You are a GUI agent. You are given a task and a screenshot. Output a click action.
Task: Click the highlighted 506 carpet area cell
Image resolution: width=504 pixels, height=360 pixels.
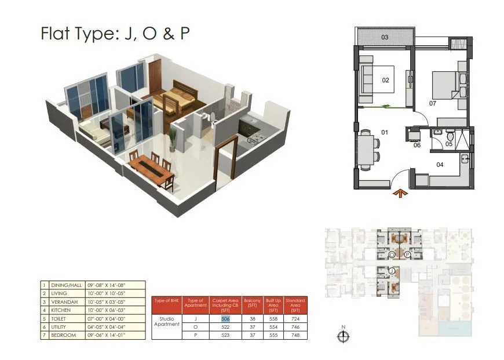tap(225, 318)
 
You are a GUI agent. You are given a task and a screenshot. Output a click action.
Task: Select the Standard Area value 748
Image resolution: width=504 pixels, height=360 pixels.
tap(295, 335)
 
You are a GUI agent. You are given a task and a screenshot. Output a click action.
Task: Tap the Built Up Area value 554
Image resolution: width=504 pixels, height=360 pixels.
tap(273, 327)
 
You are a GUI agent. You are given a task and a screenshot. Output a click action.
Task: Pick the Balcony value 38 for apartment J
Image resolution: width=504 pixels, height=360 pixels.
tap(252, 318)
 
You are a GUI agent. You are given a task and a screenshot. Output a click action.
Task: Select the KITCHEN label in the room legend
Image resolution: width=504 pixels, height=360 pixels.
tap(61, 310)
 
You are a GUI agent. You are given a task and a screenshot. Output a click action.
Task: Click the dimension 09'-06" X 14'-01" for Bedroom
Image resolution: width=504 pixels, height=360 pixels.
tap(106, 335)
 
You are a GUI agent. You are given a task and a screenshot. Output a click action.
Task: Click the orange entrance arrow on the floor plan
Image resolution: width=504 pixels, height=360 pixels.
tap(399, 194)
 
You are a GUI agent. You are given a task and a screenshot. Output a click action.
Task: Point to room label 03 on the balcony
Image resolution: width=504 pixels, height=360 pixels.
tap(384, 38)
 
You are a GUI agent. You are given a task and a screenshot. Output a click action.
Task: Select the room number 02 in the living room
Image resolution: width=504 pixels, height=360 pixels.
tap(385, 81)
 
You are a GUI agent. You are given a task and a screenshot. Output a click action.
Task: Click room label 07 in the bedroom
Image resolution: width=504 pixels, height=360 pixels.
tap(432, 104)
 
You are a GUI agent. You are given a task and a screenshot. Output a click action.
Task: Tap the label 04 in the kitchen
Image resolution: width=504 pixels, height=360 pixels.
tap(440, 165)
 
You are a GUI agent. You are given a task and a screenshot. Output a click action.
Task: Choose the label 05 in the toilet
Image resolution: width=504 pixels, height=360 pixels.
tap(448, 144)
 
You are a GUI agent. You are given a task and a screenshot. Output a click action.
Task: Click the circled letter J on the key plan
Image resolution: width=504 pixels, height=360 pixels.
tap(392, 271)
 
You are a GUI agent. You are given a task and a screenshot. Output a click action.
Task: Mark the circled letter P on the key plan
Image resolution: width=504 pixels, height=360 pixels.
tap(408, 254)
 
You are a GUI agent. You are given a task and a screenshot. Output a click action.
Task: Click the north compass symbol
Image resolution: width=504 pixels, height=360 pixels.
tap(344, 335)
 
